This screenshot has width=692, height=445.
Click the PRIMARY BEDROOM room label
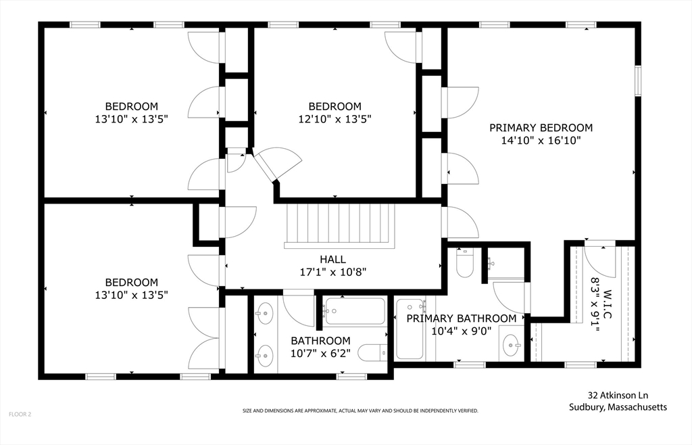541,128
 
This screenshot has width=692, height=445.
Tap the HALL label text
332,259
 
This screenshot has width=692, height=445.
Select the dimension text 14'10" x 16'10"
541,141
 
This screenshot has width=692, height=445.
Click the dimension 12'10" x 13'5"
335,119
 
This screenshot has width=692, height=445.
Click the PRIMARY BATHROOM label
461,319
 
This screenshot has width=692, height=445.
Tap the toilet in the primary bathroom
465,262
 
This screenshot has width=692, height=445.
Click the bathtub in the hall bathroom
354,311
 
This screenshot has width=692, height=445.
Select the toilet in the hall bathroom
372,352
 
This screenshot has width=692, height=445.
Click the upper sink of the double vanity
264,313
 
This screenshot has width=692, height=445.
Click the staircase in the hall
339,225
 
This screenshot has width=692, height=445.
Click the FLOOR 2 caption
20,414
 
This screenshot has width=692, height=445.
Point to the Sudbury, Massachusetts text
618,407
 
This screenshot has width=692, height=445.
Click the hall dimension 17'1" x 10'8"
332,272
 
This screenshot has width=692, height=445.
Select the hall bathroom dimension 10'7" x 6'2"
320,353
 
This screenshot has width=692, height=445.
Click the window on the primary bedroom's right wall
638,80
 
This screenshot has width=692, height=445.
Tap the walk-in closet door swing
599,260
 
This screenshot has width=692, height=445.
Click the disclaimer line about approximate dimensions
360,411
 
